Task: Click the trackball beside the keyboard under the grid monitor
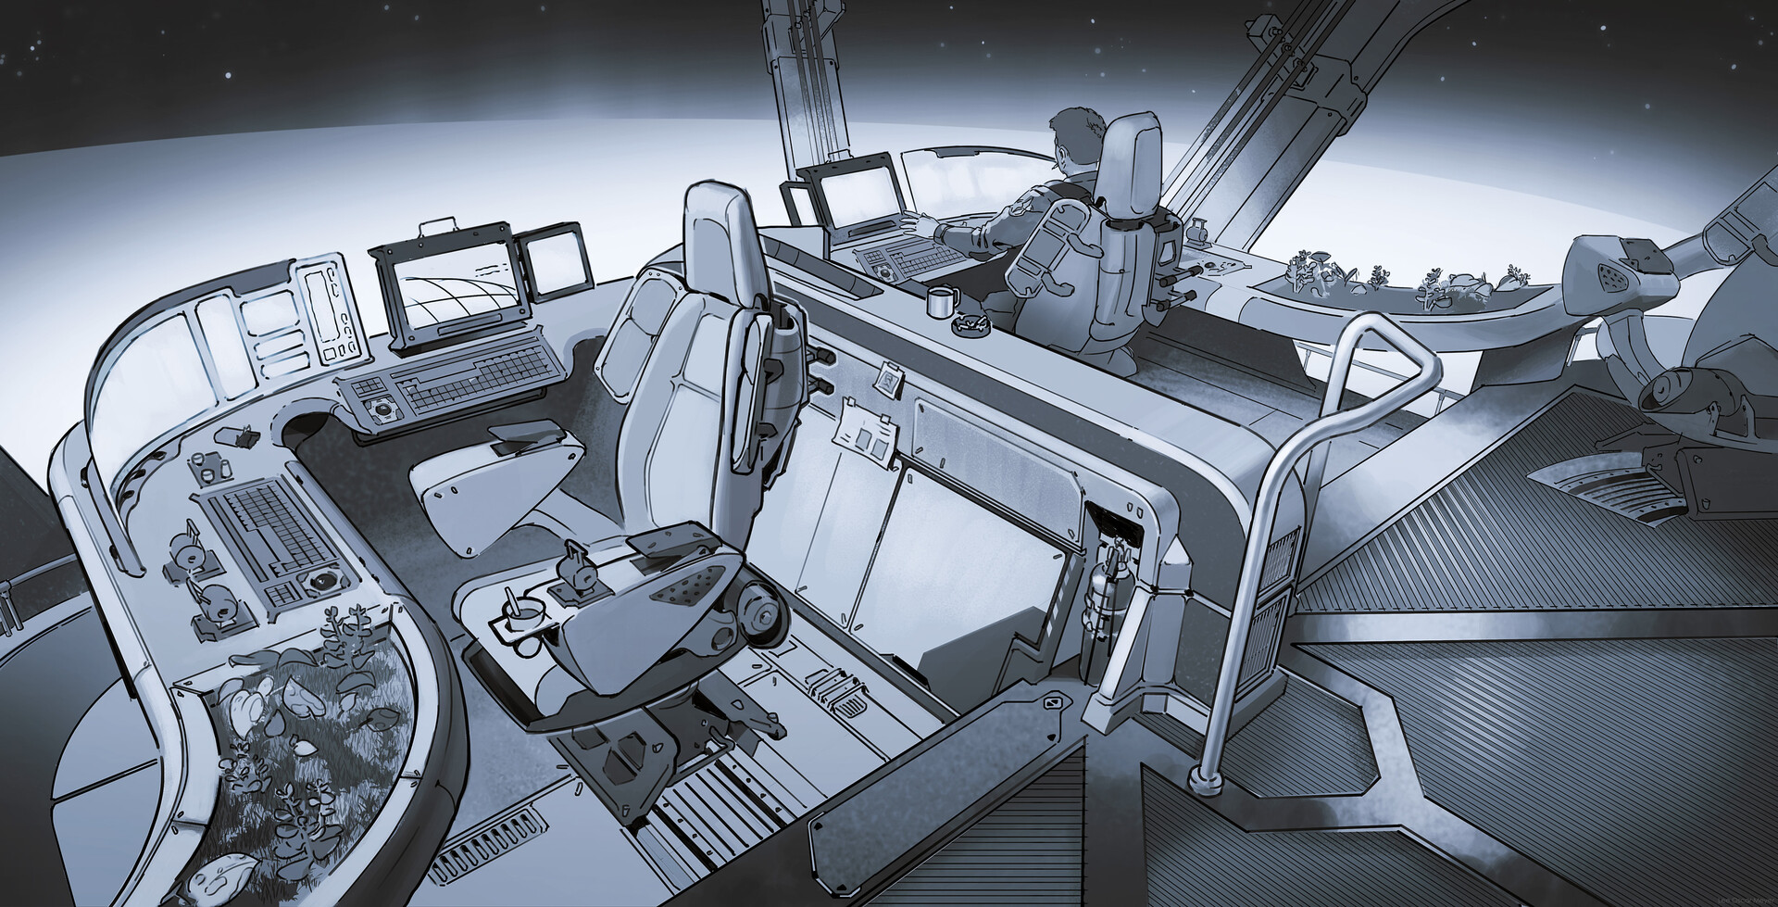379,407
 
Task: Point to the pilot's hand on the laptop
917,222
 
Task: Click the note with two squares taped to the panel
866,436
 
